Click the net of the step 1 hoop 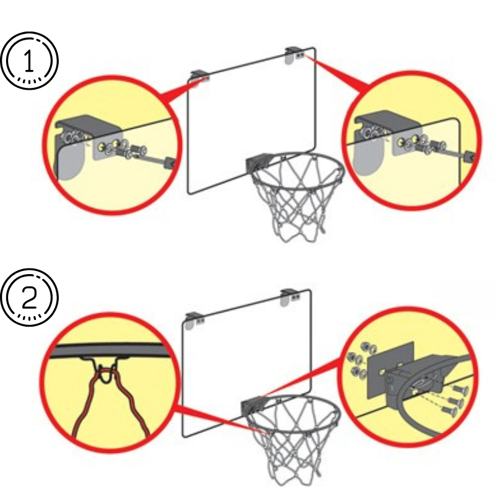[291, 204]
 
